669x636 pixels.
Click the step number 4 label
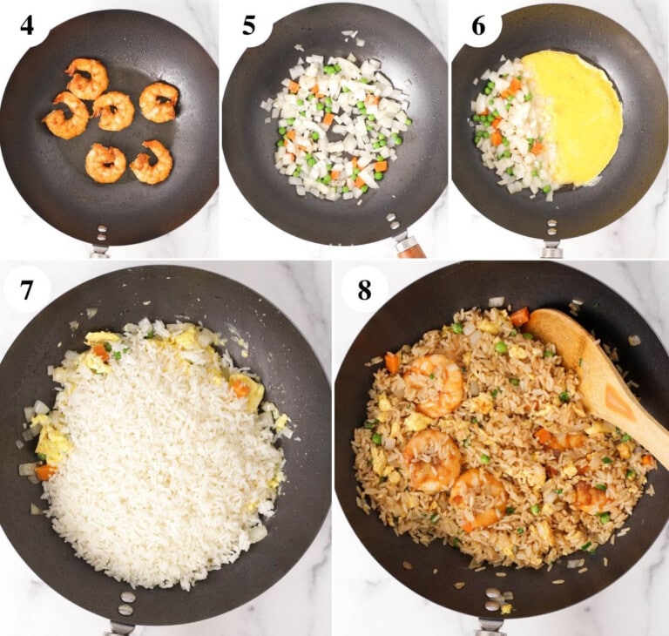tap(27, 24)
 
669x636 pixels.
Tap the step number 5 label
tap(249, 24)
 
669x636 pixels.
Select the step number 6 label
tap(478, 24)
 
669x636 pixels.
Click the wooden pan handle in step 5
tap(409, 248)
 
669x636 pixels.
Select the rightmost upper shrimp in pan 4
tap(159, 102)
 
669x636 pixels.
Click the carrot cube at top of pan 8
tap(520, 317)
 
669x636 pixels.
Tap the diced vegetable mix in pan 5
tap(335, 126)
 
